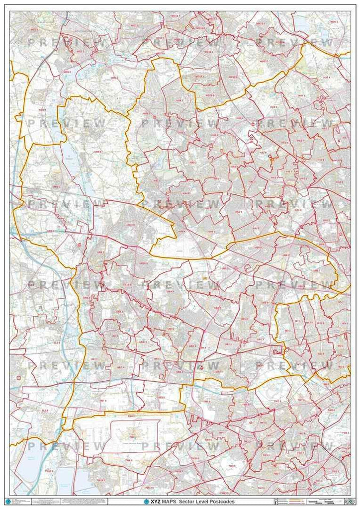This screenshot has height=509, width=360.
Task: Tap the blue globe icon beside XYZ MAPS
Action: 147,502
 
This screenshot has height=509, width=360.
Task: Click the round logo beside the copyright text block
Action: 7,501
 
